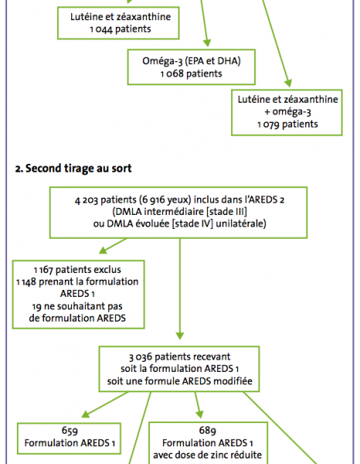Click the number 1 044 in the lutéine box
(x=100, y=29)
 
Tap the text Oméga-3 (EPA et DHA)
(x=192, y=61)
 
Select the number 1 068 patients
(x=192, y=73)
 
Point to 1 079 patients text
(x=287, y=124)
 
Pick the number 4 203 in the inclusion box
(x=86, y=200)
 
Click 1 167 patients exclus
(x=77, y=270)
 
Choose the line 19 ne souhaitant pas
(x=77, y=306)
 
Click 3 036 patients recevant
(x=179, y=357)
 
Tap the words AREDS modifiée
(x=217, y=380)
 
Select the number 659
(x=70, y=431)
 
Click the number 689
(x=208, y=431)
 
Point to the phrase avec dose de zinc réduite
(x=208, y=455)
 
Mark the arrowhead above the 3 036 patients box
(x=180, y=336)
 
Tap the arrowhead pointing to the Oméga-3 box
(x=207, y=43)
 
